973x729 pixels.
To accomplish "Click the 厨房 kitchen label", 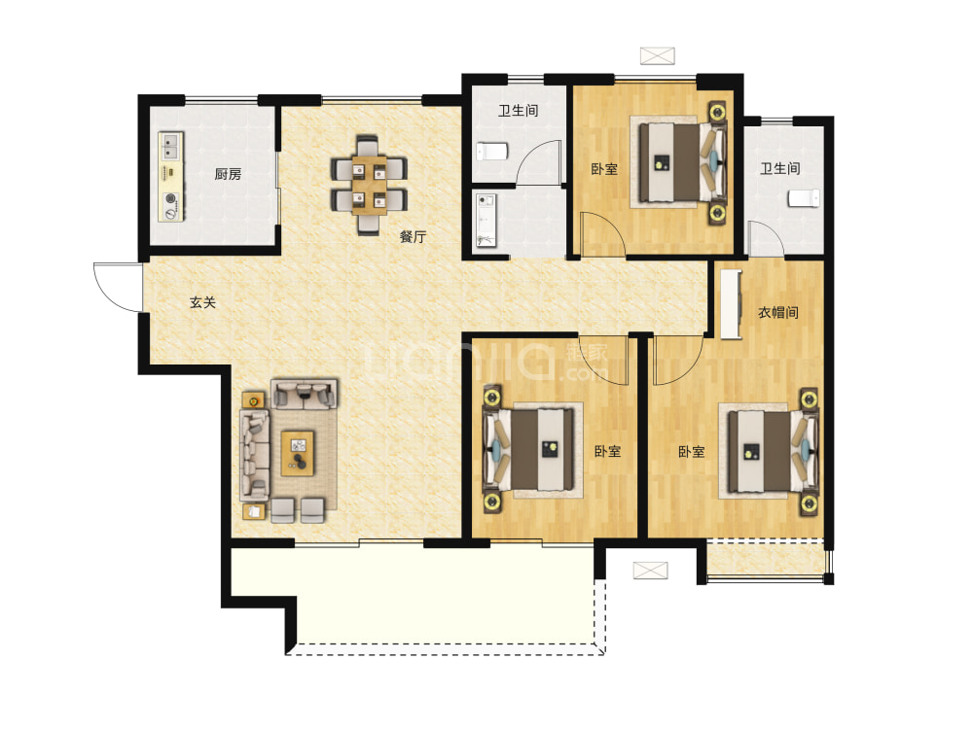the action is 228,174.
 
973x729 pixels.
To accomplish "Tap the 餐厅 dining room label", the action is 413,236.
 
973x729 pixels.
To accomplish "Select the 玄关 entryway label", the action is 203,302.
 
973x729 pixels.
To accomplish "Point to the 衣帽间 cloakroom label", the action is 778,312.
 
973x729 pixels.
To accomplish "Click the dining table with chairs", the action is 369,185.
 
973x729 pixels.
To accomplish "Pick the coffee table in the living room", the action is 298,454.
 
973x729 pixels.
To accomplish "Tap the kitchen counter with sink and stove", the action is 171,176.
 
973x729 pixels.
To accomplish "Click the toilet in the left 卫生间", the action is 492,152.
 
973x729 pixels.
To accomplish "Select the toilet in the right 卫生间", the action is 804,198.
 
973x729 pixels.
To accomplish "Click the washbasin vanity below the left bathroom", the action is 486,220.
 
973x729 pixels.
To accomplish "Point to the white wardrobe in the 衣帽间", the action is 731,304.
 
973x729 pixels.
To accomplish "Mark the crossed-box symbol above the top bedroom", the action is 657,55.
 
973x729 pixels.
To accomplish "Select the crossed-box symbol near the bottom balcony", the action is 650,571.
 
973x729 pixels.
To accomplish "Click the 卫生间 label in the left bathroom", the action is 519,111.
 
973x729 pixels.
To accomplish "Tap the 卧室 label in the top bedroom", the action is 604,168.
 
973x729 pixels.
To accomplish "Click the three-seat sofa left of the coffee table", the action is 254,454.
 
